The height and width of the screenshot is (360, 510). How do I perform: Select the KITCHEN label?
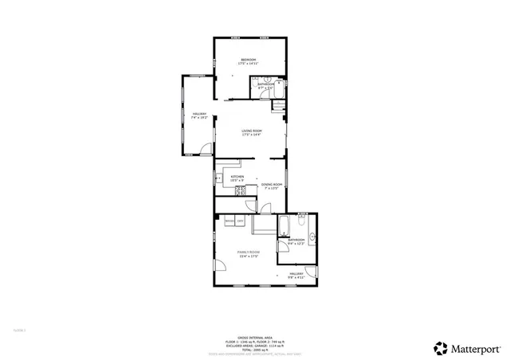tap(237, 179)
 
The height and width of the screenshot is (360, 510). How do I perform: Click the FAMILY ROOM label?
tap(248, 254)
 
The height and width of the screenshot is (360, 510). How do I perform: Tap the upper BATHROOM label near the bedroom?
tap(266, 85)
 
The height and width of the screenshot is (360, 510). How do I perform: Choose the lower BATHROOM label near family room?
tap(297, 241)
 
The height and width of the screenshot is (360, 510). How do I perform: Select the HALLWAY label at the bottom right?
tap(297, 275)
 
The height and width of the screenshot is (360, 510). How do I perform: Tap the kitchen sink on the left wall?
tap(218, 179)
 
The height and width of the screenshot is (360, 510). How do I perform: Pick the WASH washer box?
tap(229, 221)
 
